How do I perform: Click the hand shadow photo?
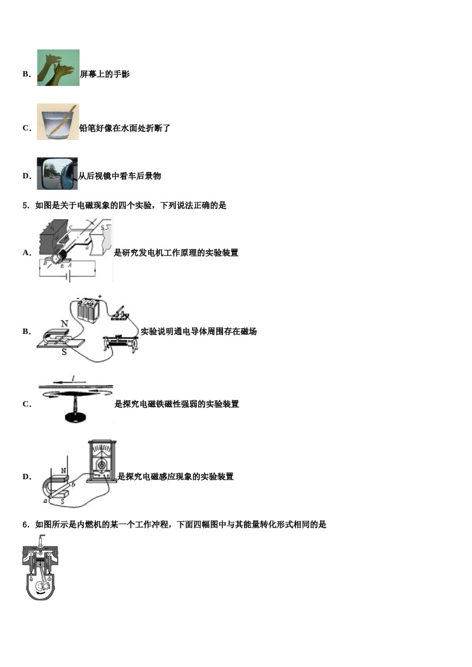click(58, 67)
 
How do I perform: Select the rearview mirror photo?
click(57, 174)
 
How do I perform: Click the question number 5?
click(25, 205)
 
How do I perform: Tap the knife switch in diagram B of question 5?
click(120, 314)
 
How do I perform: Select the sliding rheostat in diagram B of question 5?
click(121, 343)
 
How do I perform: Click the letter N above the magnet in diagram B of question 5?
click(64, 323)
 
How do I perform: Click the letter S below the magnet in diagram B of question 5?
click(64, 352)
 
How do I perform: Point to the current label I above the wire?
click(74, 378)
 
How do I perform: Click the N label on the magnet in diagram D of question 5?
click(63, 471)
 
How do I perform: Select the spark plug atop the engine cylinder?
click(41, 542)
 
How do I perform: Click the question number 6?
click(25, 525)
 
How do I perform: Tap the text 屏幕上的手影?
click(105, 74)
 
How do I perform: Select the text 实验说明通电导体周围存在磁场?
click(199, 332)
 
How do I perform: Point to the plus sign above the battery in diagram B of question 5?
click(99, 296)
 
